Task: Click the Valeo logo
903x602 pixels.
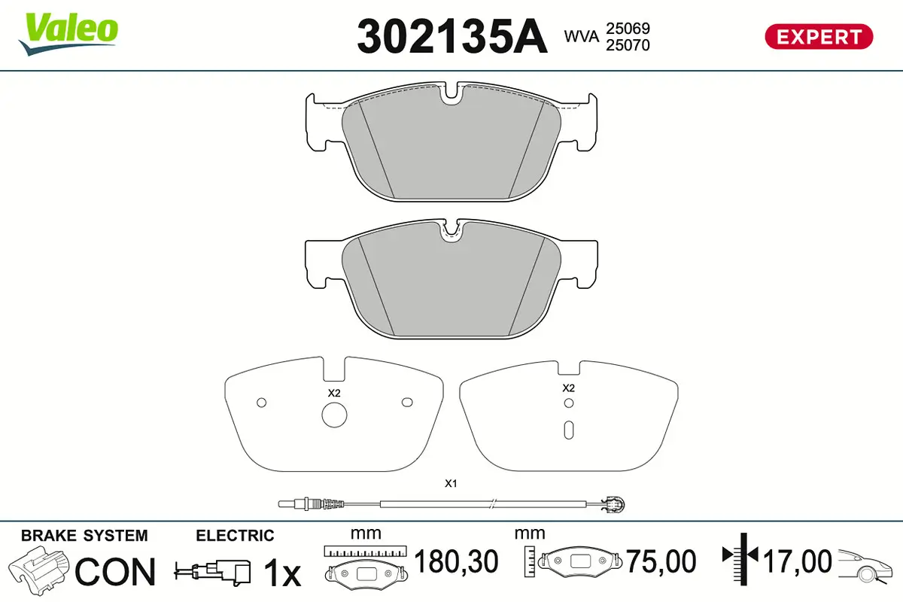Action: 68,34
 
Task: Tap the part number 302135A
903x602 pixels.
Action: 452,37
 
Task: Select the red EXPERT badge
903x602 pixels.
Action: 819,37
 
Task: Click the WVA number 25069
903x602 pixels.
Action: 628,29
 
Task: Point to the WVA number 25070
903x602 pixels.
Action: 628,45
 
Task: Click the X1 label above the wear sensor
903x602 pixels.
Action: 451,483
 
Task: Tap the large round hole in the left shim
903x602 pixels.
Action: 334,415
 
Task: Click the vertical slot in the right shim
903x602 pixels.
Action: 569,430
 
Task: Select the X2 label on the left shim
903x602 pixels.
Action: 334,393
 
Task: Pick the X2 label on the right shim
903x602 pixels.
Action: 568,388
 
